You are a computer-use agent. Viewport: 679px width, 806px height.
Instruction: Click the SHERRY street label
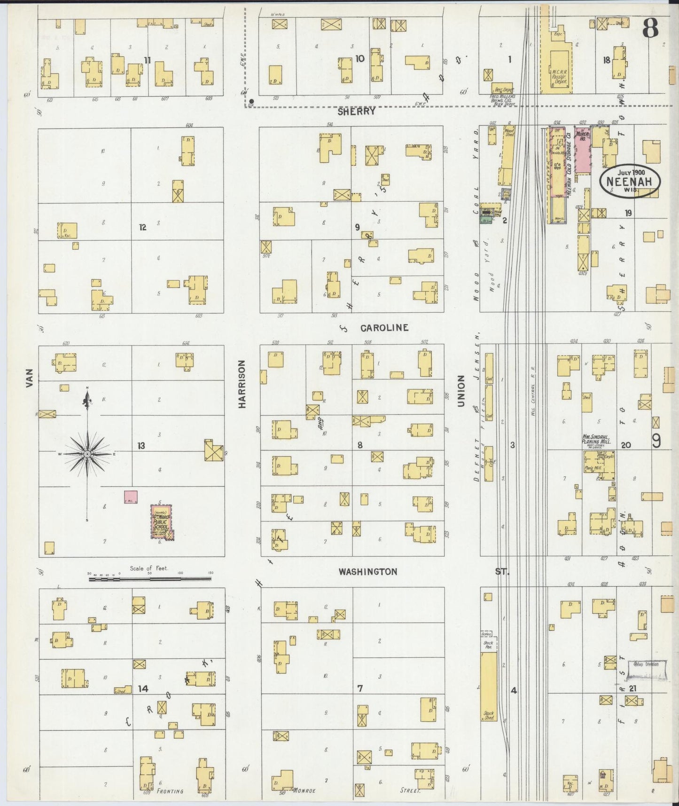(357, 111)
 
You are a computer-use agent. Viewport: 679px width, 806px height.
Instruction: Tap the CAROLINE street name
(384, 328)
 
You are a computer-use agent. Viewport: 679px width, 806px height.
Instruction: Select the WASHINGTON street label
(368, 571)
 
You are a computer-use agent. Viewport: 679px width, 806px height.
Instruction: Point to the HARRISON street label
(242, 384)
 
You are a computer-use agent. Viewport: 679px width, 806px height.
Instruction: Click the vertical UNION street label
(461, 391)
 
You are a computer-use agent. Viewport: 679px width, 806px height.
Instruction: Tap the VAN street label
(30, 378)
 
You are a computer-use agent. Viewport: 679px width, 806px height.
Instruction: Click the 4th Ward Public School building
(161, 522)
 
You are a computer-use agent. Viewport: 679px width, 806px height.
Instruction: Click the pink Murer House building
(582, 151)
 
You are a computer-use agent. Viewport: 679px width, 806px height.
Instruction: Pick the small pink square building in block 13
(131, 497)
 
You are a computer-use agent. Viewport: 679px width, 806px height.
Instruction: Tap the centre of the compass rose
(87, 454)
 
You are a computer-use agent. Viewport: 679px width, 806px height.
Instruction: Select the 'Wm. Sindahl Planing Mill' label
(596, 439)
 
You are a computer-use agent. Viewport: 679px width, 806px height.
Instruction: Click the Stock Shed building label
(489, 715)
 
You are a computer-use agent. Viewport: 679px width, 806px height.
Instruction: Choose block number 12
(142, 227)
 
